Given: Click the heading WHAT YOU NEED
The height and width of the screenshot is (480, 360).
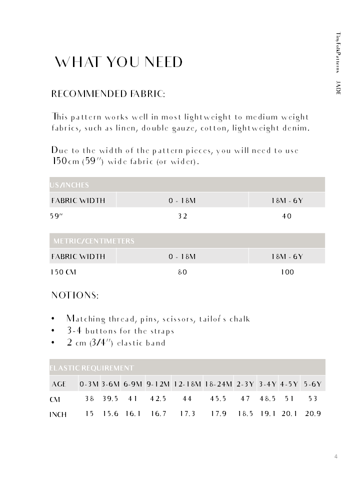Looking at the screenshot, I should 118,62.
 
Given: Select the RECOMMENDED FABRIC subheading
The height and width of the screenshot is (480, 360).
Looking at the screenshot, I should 108,94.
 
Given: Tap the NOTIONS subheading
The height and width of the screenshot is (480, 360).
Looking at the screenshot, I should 75,295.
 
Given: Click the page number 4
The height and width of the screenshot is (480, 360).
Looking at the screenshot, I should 336,456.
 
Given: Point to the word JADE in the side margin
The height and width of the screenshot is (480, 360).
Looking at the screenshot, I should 338,86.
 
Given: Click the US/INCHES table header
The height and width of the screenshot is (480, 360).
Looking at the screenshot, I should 69,185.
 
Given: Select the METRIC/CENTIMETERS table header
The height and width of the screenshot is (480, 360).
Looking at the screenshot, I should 94,241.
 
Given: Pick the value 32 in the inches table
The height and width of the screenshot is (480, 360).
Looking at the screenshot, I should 182,216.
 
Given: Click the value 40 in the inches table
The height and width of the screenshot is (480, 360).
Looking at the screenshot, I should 287,216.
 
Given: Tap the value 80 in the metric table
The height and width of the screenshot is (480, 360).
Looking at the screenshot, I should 182,272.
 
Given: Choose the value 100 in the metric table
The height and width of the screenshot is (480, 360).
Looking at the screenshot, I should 287,272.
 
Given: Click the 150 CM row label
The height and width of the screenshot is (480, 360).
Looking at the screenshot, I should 63,272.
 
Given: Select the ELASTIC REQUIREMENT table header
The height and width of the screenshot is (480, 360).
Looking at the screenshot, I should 92,368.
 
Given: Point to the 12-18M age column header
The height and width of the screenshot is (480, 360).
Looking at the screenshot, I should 187,384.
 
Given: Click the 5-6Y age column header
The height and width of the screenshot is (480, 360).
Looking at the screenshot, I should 312,384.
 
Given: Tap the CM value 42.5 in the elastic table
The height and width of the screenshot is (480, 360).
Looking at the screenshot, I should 157,398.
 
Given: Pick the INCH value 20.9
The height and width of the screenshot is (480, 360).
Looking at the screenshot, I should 312,413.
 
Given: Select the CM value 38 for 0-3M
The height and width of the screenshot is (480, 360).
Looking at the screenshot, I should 89,398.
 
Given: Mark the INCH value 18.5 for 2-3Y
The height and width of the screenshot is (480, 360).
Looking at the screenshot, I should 245,413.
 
